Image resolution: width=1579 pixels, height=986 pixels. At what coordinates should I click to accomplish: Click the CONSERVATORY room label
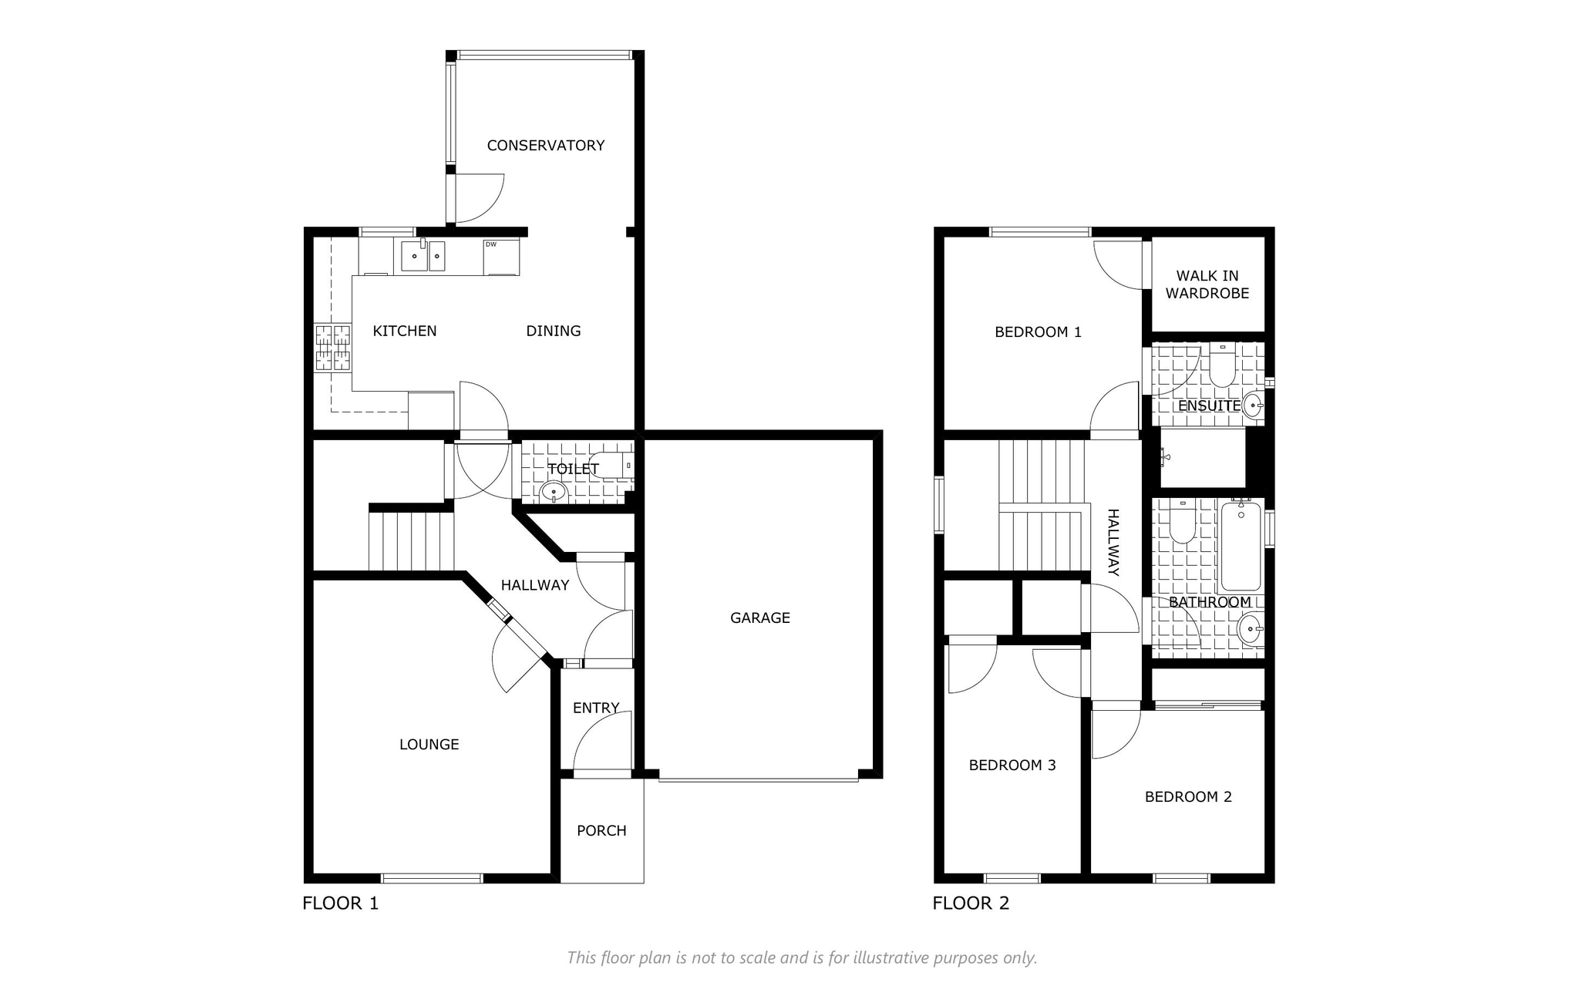tap(545, 145)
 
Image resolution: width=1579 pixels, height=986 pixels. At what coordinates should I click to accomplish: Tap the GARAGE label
tap(760, 618)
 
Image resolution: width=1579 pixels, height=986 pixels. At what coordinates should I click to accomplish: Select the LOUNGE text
tap(429, 744)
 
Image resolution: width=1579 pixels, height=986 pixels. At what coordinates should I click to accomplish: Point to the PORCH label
tap(601, 830)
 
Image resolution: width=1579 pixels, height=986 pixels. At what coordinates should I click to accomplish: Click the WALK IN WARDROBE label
tap(1207, 284)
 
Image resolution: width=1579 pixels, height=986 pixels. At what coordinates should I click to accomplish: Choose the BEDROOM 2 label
tap(1188, 796)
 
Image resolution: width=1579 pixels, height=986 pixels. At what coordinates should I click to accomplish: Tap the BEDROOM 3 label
tap(1012, 765)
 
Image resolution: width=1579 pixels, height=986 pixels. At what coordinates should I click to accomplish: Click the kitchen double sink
tap(423, 256)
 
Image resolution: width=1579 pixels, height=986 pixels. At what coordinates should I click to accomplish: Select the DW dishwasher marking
tap(490, 245)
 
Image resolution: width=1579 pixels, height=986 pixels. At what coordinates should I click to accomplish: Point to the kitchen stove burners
tap(332, 348)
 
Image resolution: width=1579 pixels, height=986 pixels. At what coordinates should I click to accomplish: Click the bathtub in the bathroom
tap(1241, 546)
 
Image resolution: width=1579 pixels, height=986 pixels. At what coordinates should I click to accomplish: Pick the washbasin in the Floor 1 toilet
tap(554, 491)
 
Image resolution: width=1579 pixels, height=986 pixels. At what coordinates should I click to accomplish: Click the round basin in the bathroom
tap(1250, 629)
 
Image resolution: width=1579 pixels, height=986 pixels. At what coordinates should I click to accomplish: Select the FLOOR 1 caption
tap(341, 903)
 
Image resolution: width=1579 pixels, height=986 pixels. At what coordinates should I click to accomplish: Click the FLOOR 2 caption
tap(971, 903)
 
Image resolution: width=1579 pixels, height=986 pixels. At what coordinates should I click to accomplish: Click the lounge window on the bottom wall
tap(432, 878)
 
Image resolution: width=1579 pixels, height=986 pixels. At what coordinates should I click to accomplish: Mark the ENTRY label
tap(596, 708)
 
